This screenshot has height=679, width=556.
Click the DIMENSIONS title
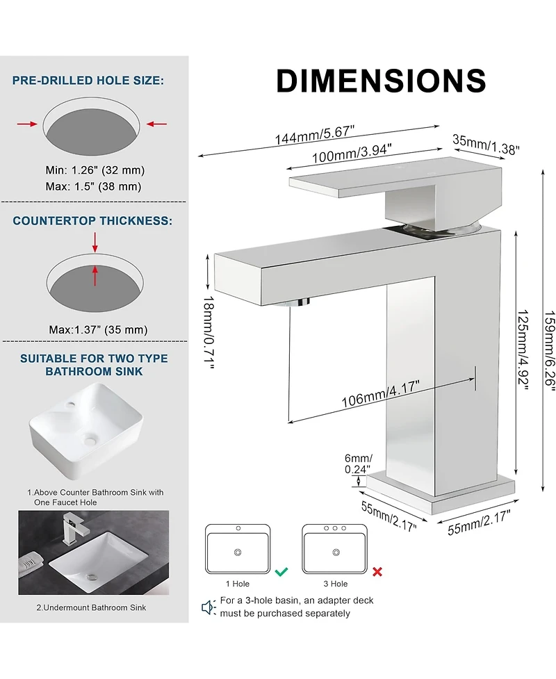[x=381, y=81]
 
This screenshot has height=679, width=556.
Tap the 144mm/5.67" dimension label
[x=315, y=135]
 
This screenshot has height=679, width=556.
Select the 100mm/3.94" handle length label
[x=352, y=154]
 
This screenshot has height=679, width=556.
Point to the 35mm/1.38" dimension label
[x=486, y=144]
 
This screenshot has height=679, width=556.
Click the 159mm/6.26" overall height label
[x=549, y=350]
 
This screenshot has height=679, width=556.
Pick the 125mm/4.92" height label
[x=523, y=350]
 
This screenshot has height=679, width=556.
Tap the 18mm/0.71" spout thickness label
[x=208, y=333]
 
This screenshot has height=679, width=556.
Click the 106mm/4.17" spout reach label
[x=381, y=393]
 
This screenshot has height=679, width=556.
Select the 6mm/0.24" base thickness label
[x=358, y=464]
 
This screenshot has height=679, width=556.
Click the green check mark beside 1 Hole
[x=281, y=571]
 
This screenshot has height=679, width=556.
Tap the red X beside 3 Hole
[x=377, y=571]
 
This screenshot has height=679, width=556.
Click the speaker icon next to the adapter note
[x=208, y=607]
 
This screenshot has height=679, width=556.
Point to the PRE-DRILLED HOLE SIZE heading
[x=88, y=81]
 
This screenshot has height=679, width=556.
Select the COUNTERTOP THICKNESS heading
[x=92, y=221]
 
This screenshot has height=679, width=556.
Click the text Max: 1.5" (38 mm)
[x=94, y=187]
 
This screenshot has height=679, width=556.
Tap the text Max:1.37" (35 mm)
[x=98, y=330]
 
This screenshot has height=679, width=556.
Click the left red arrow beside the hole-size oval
[x=27, y=124]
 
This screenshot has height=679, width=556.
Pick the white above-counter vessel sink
[x=85, y=430]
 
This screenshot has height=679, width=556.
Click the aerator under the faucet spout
[x=293, y=302]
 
